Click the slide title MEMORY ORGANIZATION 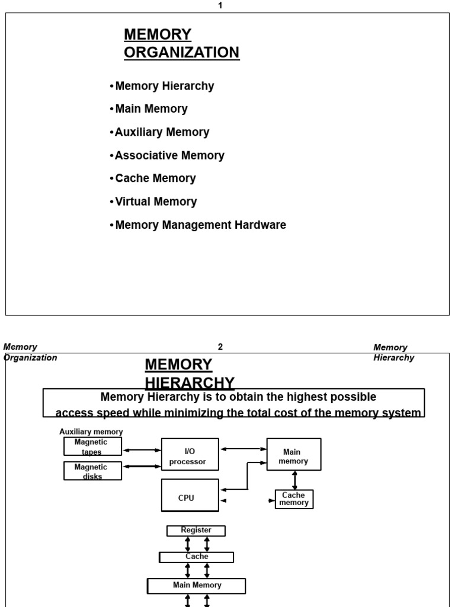tap(181, 43)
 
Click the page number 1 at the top tap(220, 5)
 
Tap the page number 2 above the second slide tap(220, 347)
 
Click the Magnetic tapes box tap(92, 446)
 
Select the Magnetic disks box tap(92, 471)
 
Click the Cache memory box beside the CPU tap(294, 499)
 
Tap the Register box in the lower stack tap(196, 531)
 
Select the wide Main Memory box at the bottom tap(197, 586)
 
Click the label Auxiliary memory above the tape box tap(91, 432)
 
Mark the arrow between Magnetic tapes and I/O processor tap(142, 450)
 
